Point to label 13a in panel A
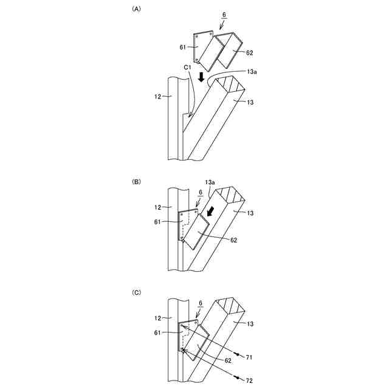(x=252, y=72)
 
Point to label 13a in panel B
(x=210, y=182)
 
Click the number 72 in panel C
(x=249, y=379)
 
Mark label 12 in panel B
(x=160, y=207)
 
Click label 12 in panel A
(x=160, y=96)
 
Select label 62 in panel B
(x=233, y=240)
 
